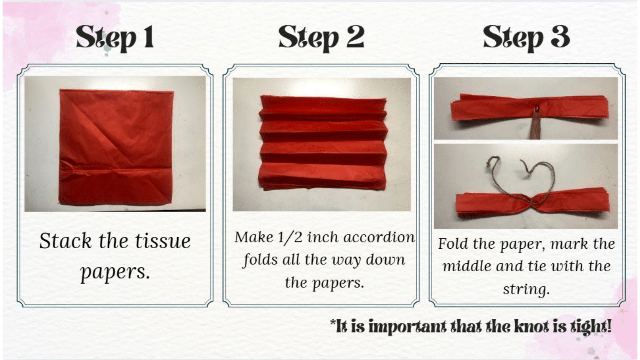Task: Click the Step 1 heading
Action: pyautogui.click(x=115, y=38)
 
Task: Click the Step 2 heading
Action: pyautogui.click(x=321, y=38)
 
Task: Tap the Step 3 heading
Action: pyautogui.click(x=526, y=38)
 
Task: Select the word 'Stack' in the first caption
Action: pyautogui.click(x=65, y=241)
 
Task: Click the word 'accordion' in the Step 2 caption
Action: pyautogui.click(x=379, y=237)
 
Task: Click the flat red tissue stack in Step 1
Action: pyautogui.click(x=116, y=147)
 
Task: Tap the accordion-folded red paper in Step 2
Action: pyautogui.click(x=323, y=143)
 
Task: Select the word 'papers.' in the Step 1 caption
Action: pyautogui.click(x=115, y=272)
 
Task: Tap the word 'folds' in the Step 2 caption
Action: pyautogui.click(x=260, y=260)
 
